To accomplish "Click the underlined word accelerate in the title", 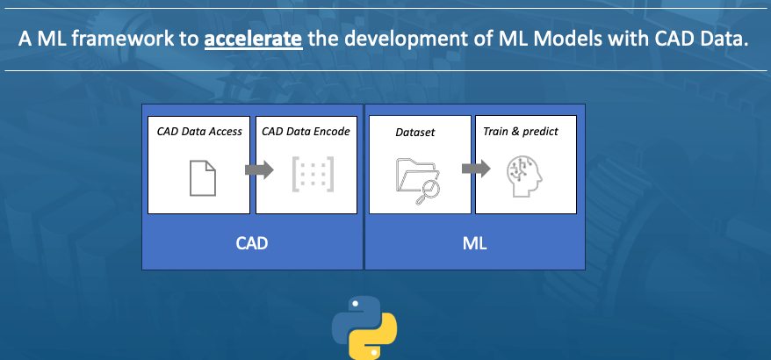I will pyautogui.click(x=254, y=40).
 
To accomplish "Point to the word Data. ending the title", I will pyautogui.click(x=727, y=40).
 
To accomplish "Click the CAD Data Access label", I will pyautogui.click(x=199, y=132).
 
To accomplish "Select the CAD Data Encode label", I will pyautogui.click(x=306, y=132).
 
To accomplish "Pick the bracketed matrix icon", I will pyautogui.click(x=312, y=176).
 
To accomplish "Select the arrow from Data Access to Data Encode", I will pyautogui.click(x=260, y=171).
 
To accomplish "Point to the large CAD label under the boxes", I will pyautogui.click(x=251, y=242).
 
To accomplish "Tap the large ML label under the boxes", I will pyautogui.click(x=474, y=242).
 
